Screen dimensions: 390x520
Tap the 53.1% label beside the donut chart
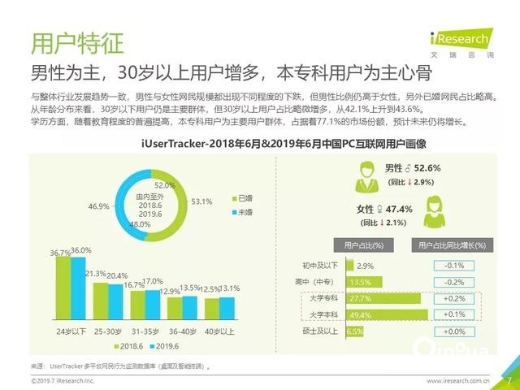click(201, 201)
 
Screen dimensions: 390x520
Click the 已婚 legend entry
click(240, 198)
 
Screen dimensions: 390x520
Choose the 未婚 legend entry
click(240, 212)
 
